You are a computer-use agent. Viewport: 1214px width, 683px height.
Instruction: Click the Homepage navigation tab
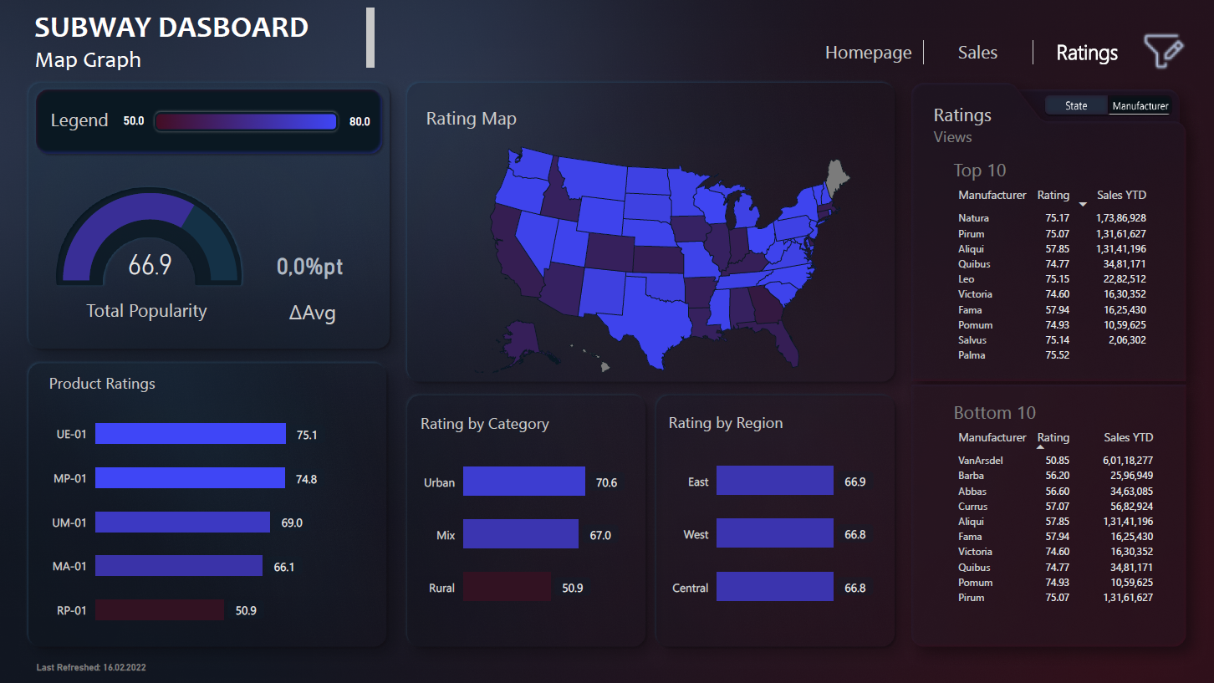coord(868,53)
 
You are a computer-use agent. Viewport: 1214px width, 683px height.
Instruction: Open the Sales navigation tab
coord(977,53)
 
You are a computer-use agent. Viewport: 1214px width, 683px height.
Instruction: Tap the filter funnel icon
coord(1163,52)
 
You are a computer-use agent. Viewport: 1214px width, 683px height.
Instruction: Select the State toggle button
coord(1076,105)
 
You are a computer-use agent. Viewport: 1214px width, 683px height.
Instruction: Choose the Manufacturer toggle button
coord(1140,105)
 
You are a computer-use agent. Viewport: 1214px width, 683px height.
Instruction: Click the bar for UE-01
coord(190,434)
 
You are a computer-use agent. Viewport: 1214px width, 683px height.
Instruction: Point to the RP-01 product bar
coord(159,610)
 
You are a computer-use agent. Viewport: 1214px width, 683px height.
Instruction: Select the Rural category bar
coord(507,587)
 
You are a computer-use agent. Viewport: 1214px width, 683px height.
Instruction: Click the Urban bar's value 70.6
coord(606,482)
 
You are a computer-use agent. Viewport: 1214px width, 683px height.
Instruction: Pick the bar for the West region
coord(774,533)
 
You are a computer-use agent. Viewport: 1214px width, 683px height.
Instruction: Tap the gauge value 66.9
coord(150,265)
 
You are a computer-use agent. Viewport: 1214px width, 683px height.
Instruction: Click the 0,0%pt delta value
coord(309,267)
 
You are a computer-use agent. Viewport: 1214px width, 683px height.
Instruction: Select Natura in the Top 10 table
coord(973,218)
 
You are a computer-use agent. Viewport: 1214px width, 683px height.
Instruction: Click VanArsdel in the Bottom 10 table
coord(980,461)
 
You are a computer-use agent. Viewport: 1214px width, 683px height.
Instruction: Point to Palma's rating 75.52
coord(1056,355)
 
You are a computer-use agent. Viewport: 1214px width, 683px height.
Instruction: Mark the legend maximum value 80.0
coord(360,121)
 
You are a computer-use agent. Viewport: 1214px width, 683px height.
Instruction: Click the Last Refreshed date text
coord(91,668)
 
